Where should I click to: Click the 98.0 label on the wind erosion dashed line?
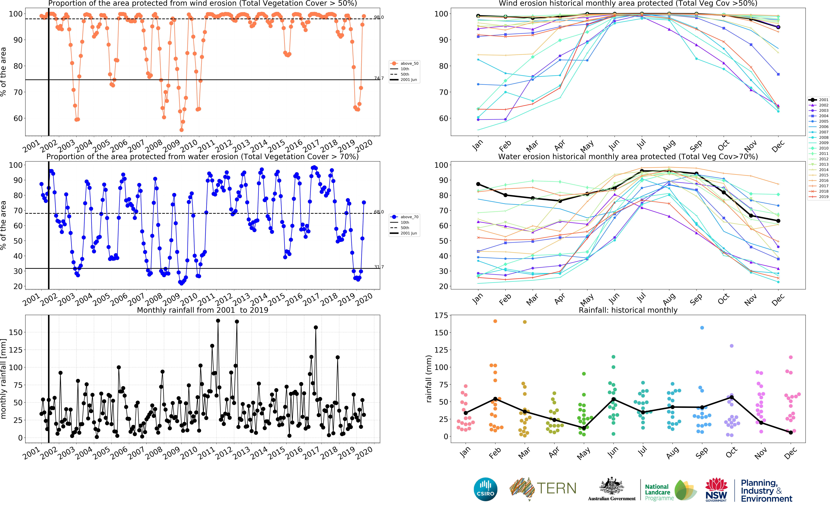click(x=379, y=17)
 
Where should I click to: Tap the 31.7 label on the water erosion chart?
click(x=379, y=267)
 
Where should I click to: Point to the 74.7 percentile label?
click(x=379, y=78)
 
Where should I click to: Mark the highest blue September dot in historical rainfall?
click(x=702, y=328)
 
